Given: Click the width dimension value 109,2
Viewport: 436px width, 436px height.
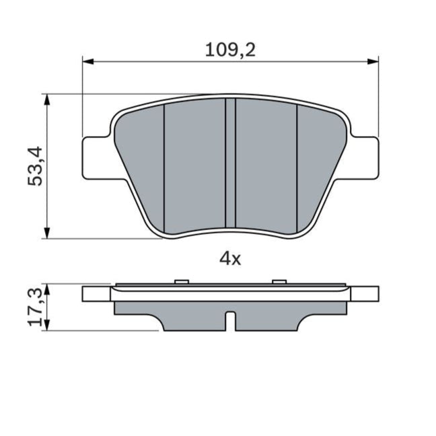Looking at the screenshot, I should pos(230,49).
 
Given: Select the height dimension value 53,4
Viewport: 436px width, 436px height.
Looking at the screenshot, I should pos(36,166).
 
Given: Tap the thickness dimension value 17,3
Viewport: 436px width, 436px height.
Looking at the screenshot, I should pos(37,307).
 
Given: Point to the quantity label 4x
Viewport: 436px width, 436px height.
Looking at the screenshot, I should pos(230,258).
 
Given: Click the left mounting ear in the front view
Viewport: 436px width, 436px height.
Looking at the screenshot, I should pos(95,158).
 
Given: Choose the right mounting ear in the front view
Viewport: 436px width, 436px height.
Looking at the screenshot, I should pos(365,158).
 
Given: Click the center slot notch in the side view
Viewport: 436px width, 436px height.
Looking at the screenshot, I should pos(230,322).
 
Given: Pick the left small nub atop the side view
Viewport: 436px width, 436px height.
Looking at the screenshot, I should pos(179,281).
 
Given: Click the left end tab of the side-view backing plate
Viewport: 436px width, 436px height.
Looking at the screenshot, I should pos(95,293).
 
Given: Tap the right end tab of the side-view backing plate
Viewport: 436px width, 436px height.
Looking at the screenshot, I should pos(365,293).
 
